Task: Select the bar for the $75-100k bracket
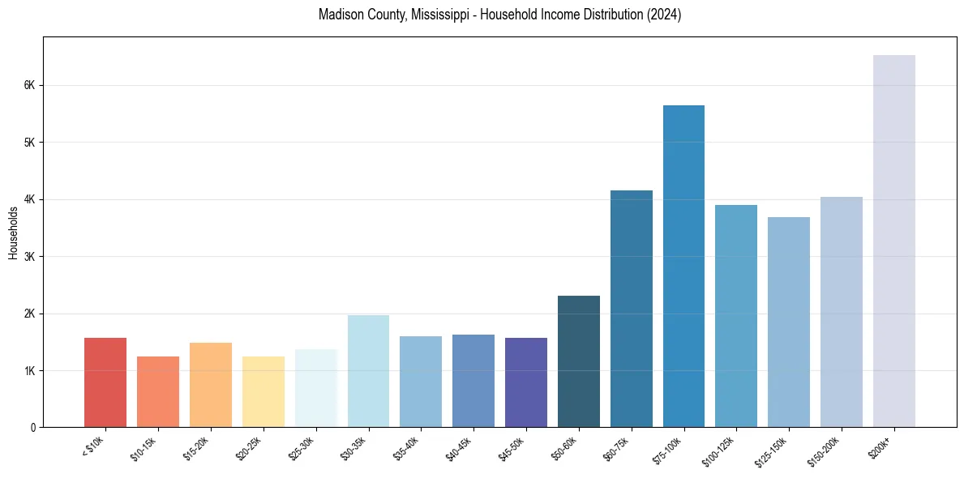coord(683,267)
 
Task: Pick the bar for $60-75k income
coord(631,309)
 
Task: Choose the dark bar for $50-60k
coord(579,361)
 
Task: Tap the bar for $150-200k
coord(841,312)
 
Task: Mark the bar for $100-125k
coord(736,316)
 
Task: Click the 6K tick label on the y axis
coord(30,85)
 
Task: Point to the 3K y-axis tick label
coord(30,257)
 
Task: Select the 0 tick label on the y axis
coord(33,428)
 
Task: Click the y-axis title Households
coord(13,232)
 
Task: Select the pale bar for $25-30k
coord(315,388)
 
